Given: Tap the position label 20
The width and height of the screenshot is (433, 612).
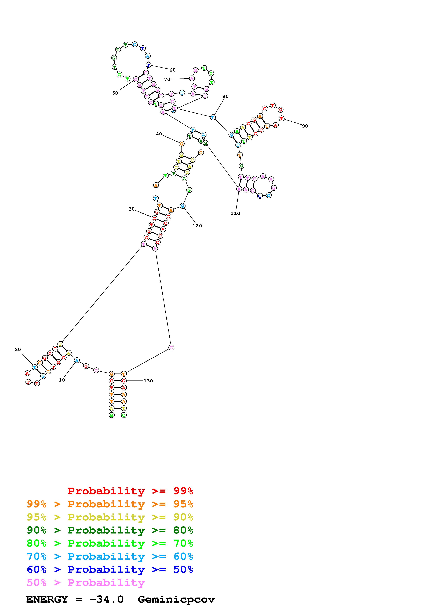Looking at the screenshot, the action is pos(18,349).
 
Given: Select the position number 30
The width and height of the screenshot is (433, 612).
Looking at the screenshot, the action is pos(132,209).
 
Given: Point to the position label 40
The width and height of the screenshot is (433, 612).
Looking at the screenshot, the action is pos(159,134).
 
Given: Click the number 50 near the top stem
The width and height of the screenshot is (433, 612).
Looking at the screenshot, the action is pos(115,93).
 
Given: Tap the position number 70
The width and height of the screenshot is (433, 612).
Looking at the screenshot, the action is pos(167,79).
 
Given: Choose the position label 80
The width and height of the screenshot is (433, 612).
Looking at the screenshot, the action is pos(225,96).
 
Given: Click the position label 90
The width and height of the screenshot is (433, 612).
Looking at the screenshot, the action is pos(305,126).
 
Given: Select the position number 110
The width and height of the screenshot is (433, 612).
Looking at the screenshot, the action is pos(235,213).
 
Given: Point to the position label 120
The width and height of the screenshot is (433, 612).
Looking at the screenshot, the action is pos(197,226).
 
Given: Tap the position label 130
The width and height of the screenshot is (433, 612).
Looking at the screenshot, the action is pos(148,381).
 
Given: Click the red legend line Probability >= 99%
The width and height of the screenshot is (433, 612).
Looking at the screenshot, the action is pos(130,491).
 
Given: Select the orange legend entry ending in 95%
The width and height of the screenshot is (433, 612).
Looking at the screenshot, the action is pos(110,504).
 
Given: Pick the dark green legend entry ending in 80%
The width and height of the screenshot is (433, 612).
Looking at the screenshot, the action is pos(110,530).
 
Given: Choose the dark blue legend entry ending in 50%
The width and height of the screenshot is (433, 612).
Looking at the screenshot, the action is pos(110,569).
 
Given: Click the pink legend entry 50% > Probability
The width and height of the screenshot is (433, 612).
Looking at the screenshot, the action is pos(86,582).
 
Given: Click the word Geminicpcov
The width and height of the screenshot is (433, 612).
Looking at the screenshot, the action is pos(176,599).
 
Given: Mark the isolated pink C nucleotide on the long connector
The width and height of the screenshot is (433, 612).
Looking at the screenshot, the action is pos(171,348).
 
